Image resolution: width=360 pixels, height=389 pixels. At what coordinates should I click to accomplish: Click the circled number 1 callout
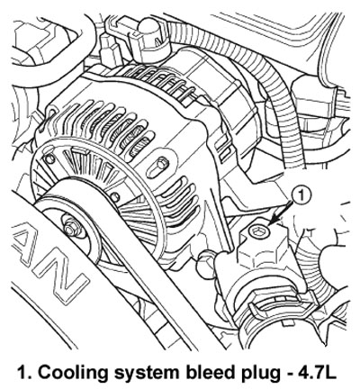(x=301, y=195)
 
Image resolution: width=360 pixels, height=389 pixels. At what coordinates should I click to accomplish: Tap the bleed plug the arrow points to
(x=259, y=232)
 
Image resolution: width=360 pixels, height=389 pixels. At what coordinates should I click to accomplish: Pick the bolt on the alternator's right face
(x=162, y=164)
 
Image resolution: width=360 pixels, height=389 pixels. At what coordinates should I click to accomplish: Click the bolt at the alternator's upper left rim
(x=49, y=159)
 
